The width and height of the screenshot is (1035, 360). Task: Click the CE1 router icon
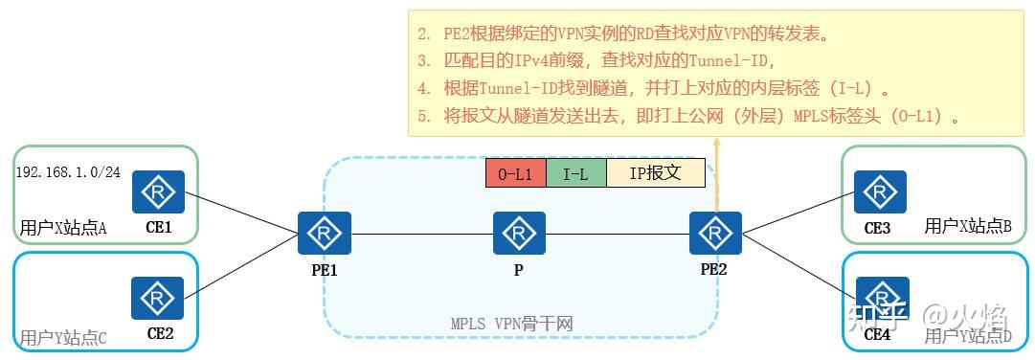[x=158, y=192]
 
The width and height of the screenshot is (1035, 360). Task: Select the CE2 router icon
[x=158, y=298]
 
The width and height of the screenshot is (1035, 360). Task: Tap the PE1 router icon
[x=325, y=234]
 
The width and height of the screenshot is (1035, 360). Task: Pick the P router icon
[x=519, y=234]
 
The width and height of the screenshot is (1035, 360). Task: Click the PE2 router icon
[x=715, y=234]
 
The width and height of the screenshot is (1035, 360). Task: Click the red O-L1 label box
[x=515, y=173]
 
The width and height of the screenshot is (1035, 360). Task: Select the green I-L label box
[x=575, y=173]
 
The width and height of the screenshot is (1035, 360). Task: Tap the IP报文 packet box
[x=655, y=173]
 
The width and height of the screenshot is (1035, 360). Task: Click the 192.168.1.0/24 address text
[x=67, y=172]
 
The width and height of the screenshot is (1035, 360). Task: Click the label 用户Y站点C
[x=63, y=337]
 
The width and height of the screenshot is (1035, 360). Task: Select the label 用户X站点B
[x=968, y=226]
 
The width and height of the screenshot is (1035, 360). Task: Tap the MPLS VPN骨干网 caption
[x=511, y=324]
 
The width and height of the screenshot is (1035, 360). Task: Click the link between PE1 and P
[x=421, y=234]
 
